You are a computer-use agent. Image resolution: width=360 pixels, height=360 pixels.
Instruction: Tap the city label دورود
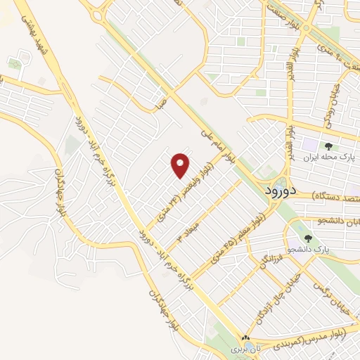click(282, 191)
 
